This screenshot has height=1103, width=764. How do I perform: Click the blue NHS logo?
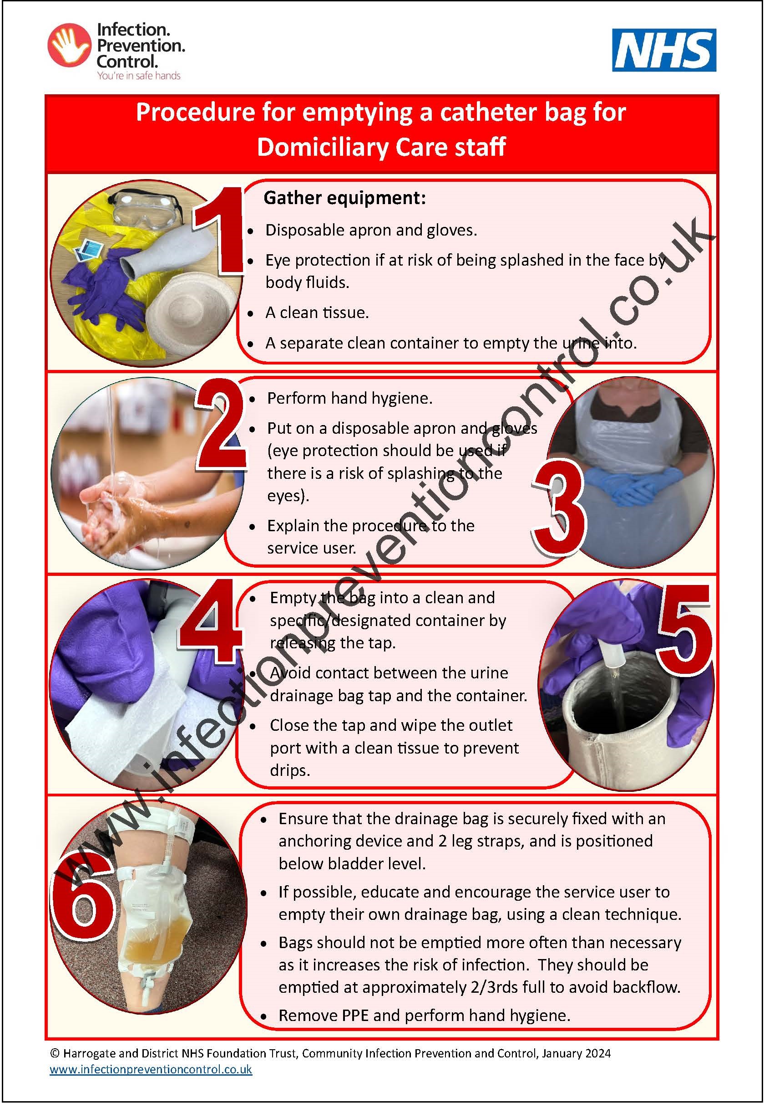[663, 50]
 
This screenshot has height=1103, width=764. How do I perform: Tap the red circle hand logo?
[70, 45]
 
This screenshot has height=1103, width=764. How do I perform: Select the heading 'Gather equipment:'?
[344, 197]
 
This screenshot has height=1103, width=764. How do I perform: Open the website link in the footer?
[151, 1069]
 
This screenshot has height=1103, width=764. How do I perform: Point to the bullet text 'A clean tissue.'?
[317, 313]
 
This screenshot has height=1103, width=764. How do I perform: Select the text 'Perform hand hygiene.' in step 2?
[349, 398]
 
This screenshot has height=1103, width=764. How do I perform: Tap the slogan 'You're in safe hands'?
[139, 76]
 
